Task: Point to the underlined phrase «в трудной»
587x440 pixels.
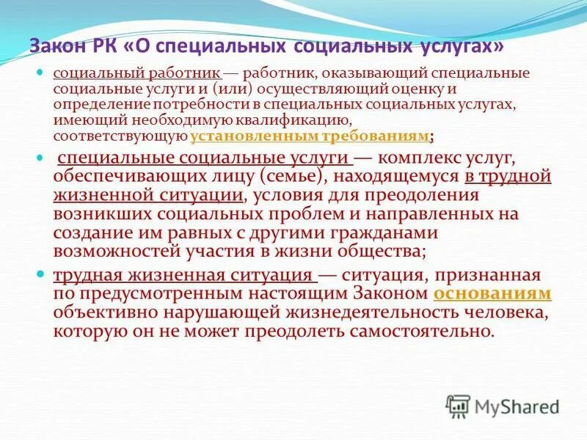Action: [x=507, y=177]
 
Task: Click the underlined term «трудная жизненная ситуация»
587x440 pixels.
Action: [x=183, y=275]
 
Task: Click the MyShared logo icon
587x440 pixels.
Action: [x=458, y=406]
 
